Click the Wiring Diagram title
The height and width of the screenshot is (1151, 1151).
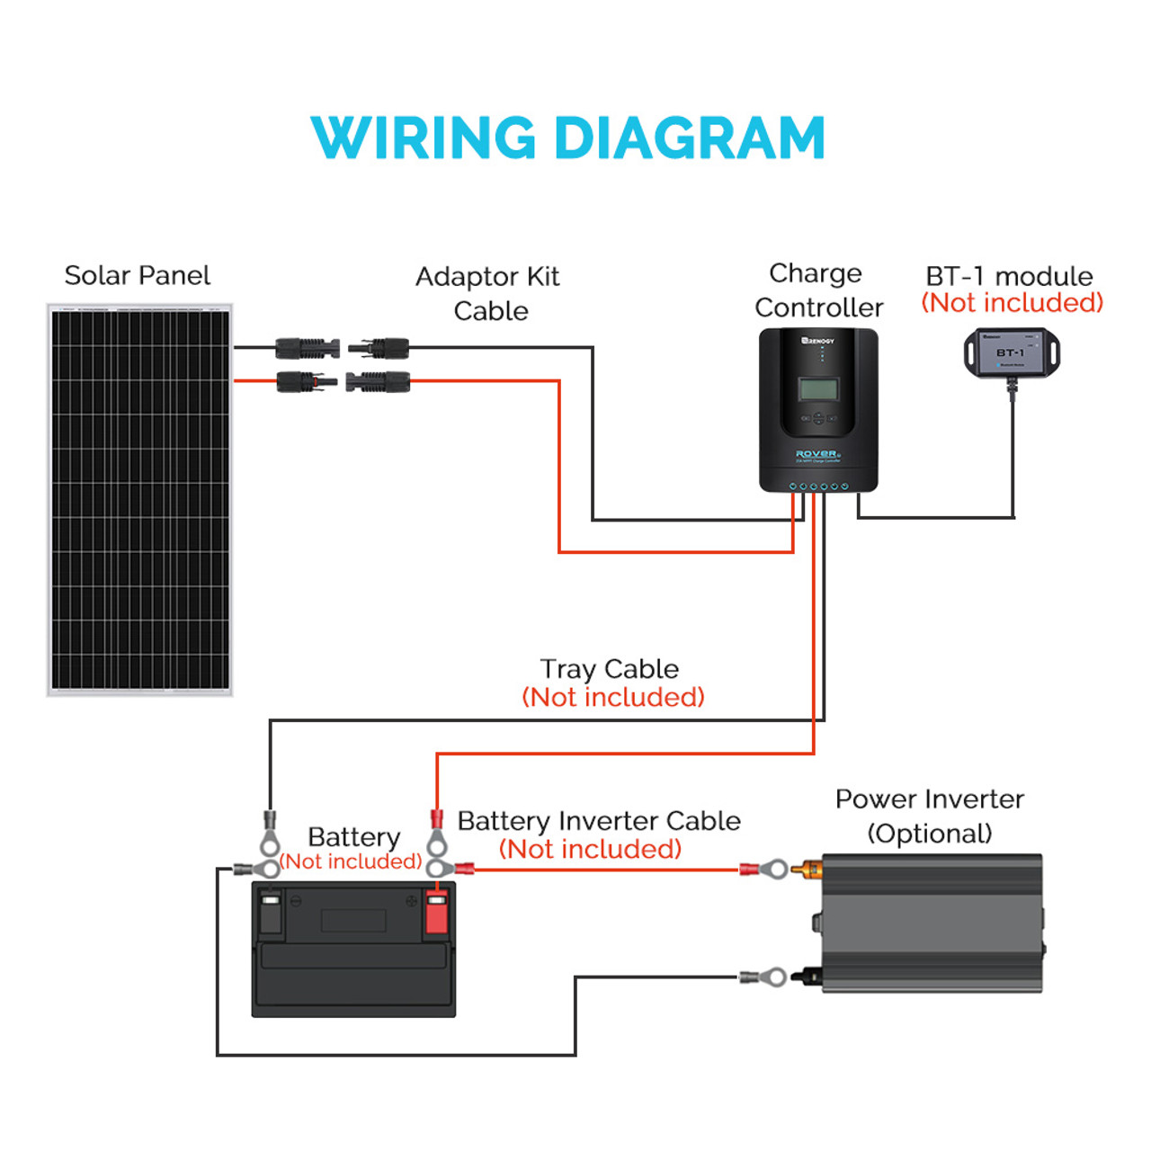(x=567, y=138)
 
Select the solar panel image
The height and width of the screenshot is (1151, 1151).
(x=139, y=500)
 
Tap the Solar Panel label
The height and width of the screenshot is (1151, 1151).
(x=137, y=275)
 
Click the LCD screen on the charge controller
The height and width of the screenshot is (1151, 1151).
(x=818, y=389)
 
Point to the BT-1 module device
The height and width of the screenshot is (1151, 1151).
(x=1012, y=352)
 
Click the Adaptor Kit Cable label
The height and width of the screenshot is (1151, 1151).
(x=487, y=293)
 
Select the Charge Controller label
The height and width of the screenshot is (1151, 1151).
(x=818, y=290)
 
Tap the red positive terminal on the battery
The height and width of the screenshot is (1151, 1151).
(x=436, y=914)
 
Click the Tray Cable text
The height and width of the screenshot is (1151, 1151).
(x=609, y=669)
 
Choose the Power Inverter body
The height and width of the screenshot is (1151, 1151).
(x=932, y=923)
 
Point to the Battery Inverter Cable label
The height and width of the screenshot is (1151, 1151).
(x=599, y=821)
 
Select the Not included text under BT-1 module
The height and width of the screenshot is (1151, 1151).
(x=1012, y=303)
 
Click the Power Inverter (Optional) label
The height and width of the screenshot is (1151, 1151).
(x=929, y=816)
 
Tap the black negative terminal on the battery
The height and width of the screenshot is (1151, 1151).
(x=270, y=914)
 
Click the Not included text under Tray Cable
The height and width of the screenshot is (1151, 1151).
(x=613, y=698)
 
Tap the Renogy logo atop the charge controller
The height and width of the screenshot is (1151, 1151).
(x=818, y=341)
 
